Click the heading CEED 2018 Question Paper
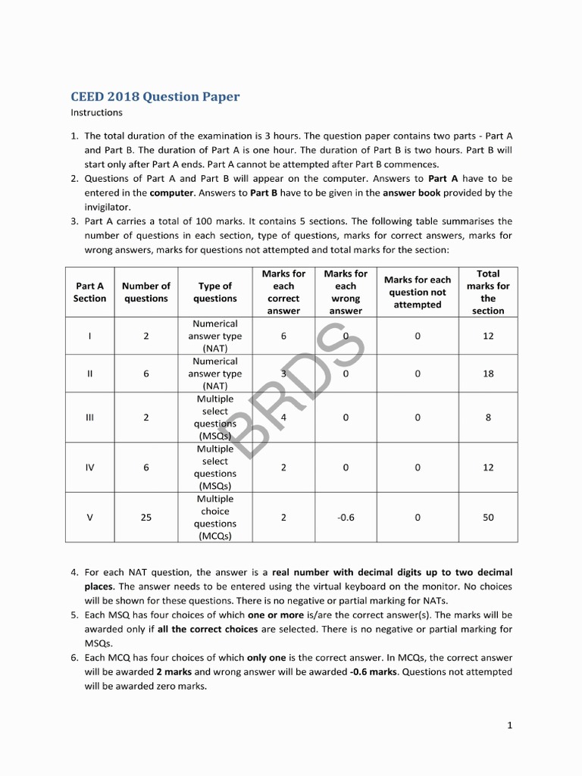pos(155,97)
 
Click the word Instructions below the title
pos(96,113)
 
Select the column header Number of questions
pos(146,292)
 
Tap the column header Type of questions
pos(215,292)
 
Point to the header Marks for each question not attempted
pos(418,292)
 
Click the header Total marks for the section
pos(488,292)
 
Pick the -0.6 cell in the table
pos(346,518)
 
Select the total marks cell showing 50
pos(488,518)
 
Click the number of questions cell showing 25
pos(146,518)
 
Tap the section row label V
pos(90,518)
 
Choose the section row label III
pos(90,418)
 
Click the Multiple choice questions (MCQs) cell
pos(215,518)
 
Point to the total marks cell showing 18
pos(488,374)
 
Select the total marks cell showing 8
pos(488,418)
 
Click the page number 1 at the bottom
pos(510,725)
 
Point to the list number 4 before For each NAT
pos(74,573)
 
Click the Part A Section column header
pos(90,292)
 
